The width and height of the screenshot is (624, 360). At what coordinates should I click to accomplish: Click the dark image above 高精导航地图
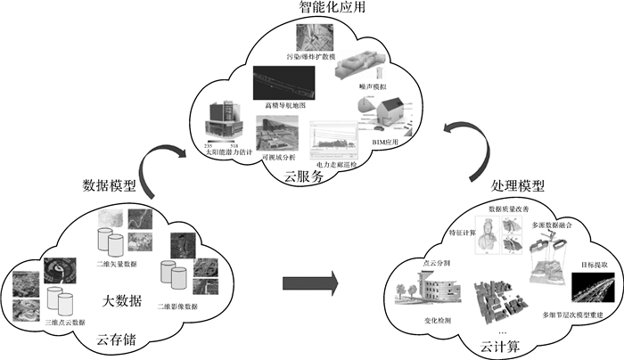pos(284,83)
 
